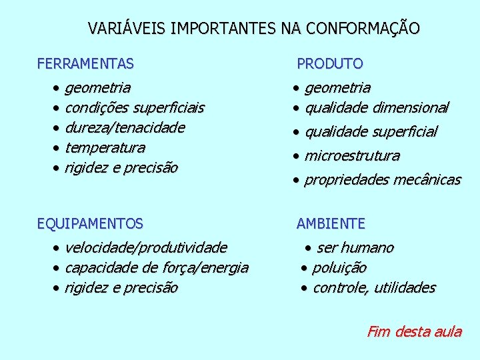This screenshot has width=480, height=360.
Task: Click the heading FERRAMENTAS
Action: [x=85, y=64]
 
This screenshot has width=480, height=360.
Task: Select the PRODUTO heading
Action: [x=329, y=64]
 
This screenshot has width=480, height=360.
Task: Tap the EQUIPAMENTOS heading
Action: [x=90, y=224]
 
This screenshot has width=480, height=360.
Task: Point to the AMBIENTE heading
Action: [x=331, y=224]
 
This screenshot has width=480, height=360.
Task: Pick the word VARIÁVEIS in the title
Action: [x=127, y=29]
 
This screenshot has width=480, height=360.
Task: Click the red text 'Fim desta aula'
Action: [x=414, y=331]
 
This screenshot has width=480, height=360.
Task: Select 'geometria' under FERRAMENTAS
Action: [x=98, y=87]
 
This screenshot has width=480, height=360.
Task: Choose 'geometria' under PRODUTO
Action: [x=337, y=87]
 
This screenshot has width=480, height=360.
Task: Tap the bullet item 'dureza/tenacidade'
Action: [x=125, y=127]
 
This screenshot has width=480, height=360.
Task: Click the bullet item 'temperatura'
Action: [x=105, y=147]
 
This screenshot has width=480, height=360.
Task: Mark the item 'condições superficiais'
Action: [x=135, y=107]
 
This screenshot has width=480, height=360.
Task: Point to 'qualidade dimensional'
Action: [x=377, y=107]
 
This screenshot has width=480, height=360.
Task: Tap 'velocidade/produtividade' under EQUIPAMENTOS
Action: [x=146, y=248]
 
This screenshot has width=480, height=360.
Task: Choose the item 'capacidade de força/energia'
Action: [x=157, y=268]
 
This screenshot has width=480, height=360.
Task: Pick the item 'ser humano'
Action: [x=355, y=248]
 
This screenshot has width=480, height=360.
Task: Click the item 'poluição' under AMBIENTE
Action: [x=339, y=268]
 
